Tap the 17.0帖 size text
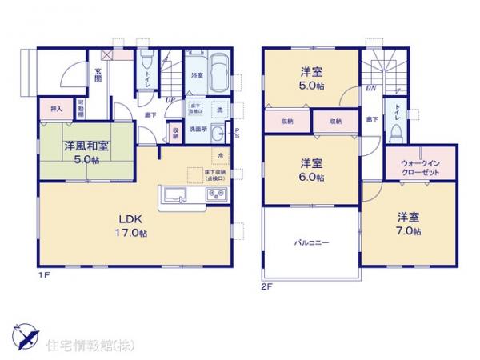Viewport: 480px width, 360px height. pyautogui.click(x=132, y=234)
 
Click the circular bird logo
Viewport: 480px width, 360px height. pyautogui.click(x=24, y=331)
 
